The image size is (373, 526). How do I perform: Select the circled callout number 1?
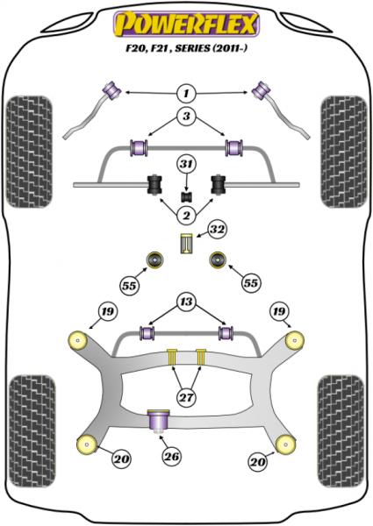[186, 92]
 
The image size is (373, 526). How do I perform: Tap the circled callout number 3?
[186, 118]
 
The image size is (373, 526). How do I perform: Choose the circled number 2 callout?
[186, 216]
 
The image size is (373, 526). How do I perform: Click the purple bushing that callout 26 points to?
[160, 420]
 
